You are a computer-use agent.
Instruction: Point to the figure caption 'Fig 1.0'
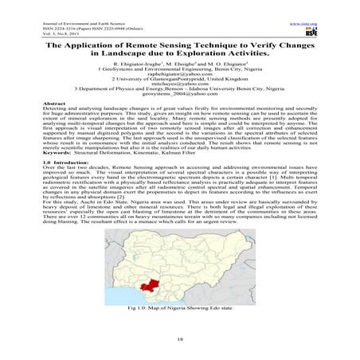point(179,308)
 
